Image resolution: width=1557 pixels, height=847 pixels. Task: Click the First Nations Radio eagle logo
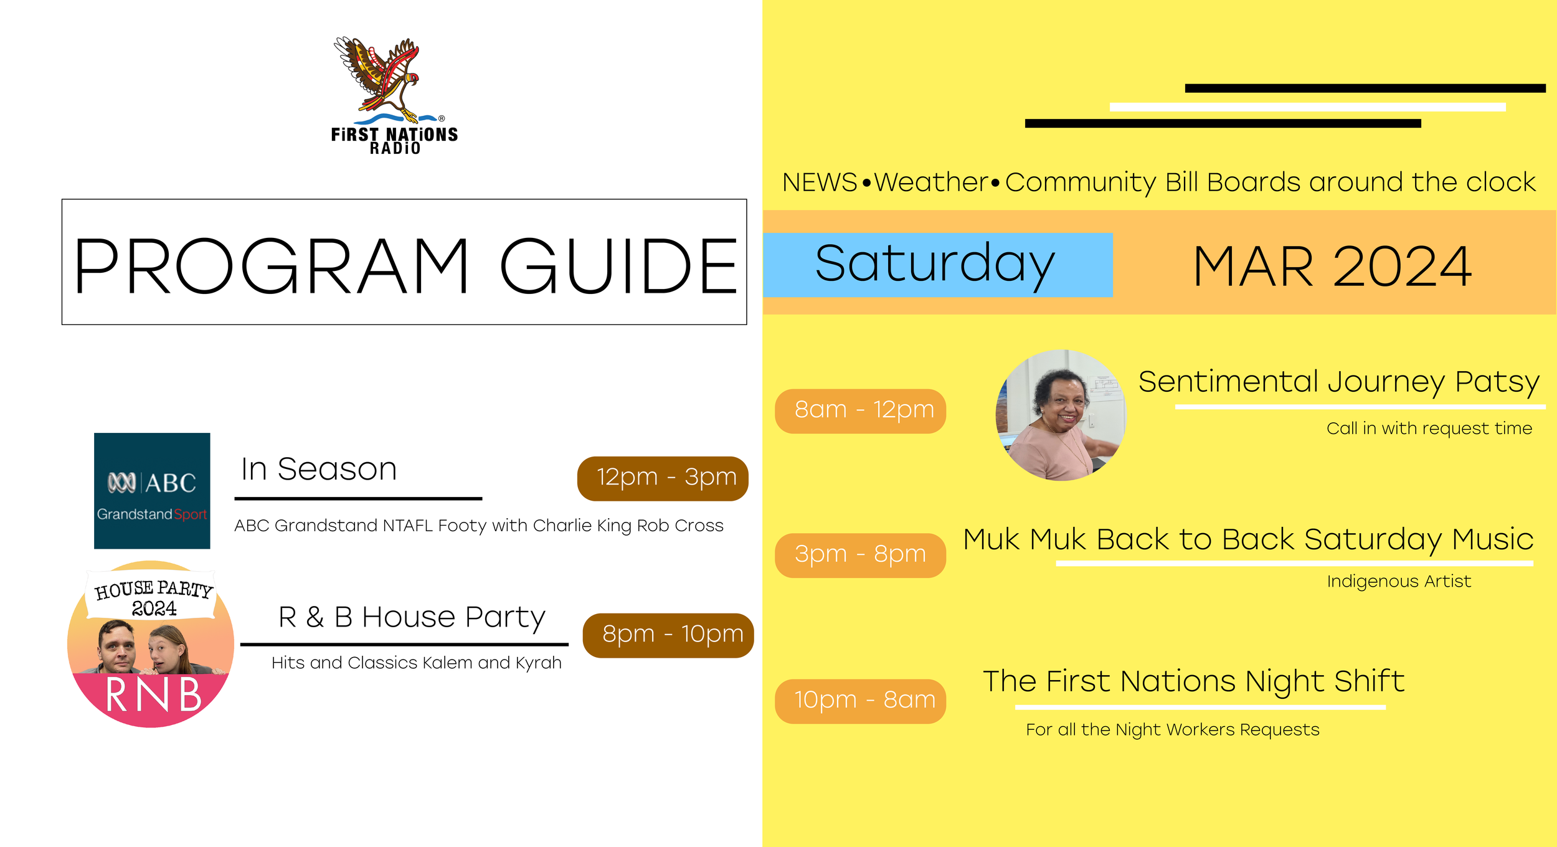click(x=394, y=93)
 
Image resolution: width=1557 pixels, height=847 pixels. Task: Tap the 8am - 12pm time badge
click(x=860, y=411)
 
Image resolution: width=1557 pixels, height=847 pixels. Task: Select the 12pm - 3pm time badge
click(x=662, y=478)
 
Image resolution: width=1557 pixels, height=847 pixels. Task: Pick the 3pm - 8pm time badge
click(x=860, y=555)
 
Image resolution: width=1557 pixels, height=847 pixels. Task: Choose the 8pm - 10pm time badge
click(x=668, y=635)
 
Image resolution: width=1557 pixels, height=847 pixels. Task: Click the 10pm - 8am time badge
click(x=860, y=701)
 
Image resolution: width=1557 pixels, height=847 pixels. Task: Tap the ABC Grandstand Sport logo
click(x=152, y=491)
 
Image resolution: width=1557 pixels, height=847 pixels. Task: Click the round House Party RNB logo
click(x=151, y=644)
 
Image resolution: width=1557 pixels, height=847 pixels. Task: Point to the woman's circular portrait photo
click(x=1061, y=415)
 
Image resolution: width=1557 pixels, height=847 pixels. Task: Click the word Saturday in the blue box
click(x=935, y=265)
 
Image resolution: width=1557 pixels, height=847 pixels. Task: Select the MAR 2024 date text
click(x=1332, y=267)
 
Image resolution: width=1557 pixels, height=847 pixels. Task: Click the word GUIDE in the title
click(x=618, y=267)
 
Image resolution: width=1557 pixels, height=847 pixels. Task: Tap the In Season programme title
click(x=319, y=470)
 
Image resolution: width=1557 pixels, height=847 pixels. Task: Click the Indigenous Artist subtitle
click(x=1398, y=582)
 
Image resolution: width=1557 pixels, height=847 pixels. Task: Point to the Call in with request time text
click(x=1429, y=428)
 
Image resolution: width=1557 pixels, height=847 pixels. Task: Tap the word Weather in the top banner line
click(x=931, y=182)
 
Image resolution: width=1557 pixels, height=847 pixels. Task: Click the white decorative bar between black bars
click(x=1307, y=107)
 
